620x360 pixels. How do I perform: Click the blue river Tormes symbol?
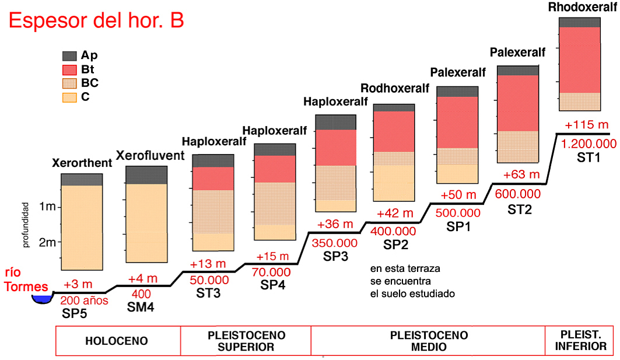click(x=41, y=299)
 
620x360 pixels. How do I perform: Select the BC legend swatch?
click(x=69, y=83)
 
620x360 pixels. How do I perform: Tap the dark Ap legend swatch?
click(x=69, y=56)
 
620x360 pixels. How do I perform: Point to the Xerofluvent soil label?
click(x=150, y=155)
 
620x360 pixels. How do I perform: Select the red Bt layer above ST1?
click(x=580, y=60)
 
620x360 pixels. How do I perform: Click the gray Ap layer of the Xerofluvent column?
click(x=146, y=174)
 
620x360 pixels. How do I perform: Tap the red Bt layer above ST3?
click(x=213, y=179)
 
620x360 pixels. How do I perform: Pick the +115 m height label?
click(x=587, y=125)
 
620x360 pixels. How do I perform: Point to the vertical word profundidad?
click(x=26, y=225)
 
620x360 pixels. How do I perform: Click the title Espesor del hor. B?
click(x=96, y=20)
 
